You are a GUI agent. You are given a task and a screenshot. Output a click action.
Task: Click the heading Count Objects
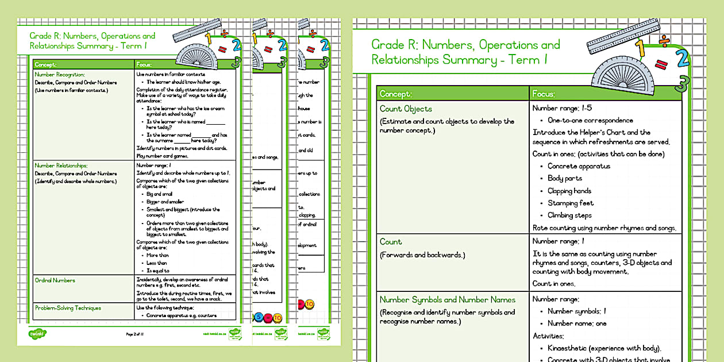pos(406,109)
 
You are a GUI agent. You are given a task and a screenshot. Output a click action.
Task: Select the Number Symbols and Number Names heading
pos(447,299)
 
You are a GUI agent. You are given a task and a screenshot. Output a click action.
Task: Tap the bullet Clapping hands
pos(569,191)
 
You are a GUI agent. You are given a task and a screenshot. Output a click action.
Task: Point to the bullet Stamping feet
pos(571,203)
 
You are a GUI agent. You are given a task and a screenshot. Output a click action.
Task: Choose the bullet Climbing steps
pos(569,215)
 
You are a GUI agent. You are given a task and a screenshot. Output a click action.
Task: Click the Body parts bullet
pos(565,178)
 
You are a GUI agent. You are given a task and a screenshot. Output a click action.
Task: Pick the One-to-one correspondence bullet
pos(590,120)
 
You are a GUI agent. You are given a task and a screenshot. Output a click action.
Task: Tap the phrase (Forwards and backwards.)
pos(423,255)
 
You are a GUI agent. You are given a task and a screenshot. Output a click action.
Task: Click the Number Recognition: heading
pos(60,75)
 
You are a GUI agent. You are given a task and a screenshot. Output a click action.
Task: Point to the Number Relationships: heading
pos(61,165)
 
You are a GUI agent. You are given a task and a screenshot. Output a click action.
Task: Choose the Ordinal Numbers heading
pos(55,280)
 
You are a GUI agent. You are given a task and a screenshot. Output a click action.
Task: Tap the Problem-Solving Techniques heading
pos(68,308)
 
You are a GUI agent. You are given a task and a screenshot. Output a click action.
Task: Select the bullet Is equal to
pos(159,271)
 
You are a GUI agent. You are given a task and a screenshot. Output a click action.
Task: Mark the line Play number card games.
pos(163,155)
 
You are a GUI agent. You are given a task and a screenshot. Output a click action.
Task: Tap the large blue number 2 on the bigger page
pos(682,57)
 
